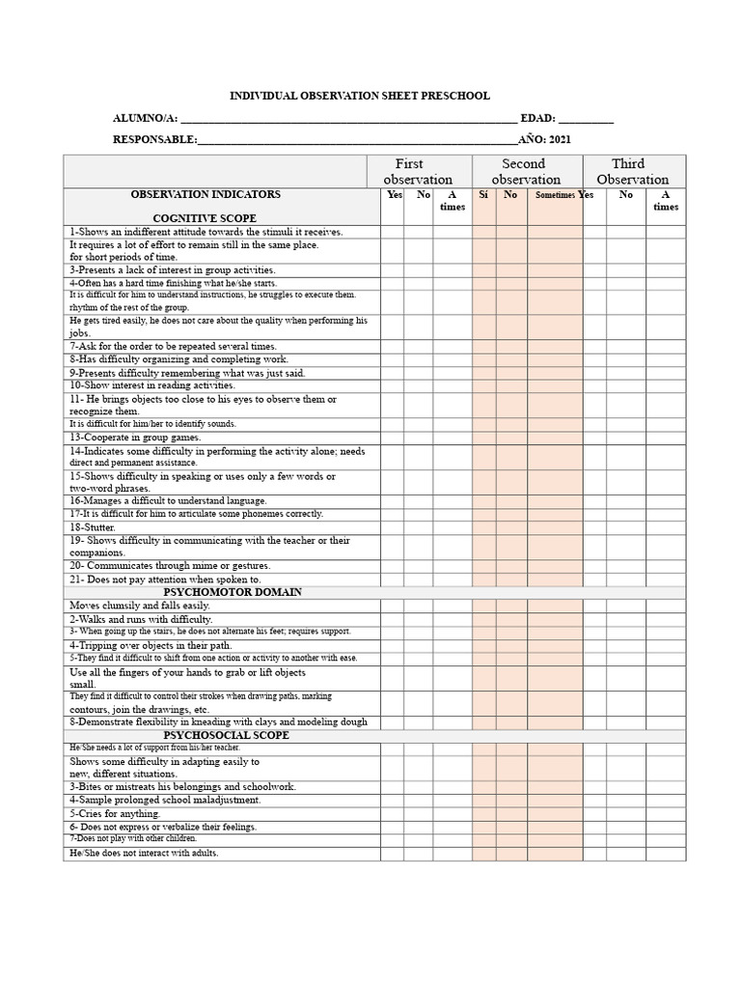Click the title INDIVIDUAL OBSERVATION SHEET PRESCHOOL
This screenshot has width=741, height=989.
click(x=359, y=96)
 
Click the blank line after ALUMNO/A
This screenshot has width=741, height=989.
click(x=348, y=121)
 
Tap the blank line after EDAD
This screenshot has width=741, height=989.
click(x=586, y=121)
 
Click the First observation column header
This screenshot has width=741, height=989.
click(x=418, y=171)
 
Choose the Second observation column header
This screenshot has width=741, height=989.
click(x=526, y=171)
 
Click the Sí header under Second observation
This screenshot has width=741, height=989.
click(x=483, y=195)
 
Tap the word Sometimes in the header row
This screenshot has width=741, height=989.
click(x=555, y=195)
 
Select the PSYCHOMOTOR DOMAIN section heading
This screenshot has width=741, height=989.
click(x=233, y=592)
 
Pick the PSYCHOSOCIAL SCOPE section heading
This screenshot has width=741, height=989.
click(x=227, y=736)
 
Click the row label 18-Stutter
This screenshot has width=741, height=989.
click(x=93, y=528)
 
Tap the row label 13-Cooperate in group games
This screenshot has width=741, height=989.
click(x=135, y=438)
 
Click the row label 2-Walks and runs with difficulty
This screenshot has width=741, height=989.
click(x=141, y=619)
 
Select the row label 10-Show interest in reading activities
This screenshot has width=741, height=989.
click(x=151, y=385)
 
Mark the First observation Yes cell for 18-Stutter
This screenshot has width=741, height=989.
click(x=392, y=528)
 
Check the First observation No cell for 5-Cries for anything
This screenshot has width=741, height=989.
click(x=418, y=814)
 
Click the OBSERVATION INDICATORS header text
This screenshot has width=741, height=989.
click(x=206, y=194)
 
